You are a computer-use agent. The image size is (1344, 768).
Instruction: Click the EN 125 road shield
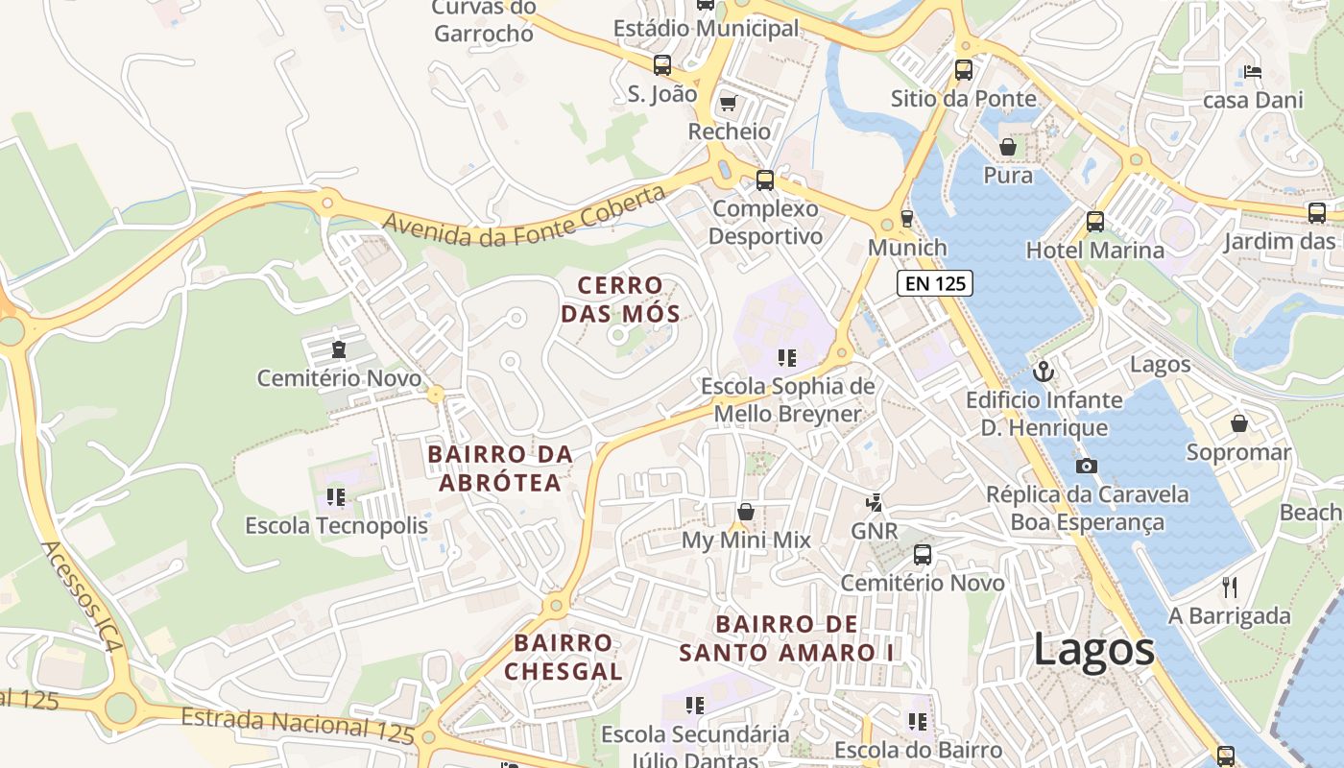(935, 283)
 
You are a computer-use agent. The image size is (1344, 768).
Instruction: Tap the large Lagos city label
(1093, 650)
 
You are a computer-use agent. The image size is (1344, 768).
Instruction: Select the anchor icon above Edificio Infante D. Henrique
(1043, 371)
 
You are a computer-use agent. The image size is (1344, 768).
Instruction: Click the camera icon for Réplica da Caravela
(1087, 466)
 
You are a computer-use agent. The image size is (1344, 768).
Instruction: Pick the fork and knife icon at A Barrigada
(1230, 587)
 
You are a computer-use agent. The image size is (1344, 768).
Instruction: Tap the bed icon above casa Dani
(1252, 71)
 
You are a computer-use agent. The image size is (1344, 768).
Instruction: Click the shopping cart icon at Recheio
(728, 102)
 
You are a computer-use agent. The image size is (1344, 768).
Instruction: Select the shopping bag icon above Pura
(1008, 147)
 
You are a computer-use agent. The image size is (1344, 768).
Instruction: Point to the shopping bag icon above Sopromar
(1238, 423)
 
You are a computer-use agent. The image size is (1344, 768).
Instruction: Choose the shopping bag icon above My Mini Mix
(745, 512)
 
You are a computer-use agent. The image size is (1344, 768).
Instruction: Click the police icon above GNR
(874, 502)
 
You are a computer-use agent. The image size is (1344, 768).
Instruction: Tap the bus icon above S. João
(662, 65)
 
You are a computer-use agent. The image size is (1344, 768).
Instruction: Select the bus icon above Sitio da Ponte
(963, 69)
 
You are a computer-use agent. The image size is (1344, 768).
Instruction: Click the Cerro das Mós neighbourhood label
(620, 299)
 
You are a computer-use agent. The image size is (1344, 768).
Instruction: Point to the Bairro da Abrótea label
(500, 468)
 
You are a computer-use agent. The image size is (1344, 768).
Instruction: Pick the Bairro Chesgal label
(564, 657)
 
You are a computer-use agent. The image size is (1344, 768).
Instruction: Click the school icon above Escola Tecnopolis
(336, 496)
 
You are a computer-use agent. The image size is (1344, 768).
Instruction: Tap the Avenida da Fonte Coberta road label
(524, 216)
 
